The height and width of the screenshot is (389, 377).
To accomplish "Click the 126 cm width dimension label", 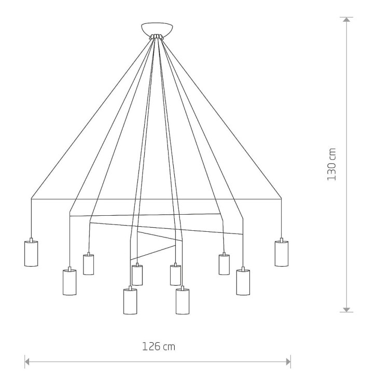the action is [159, 346].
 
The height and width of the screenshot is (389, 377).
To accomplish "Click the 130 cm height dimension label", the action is [331, 164].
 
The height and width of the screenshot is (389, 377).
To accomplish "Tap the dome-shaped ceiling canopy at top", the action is [157, 29].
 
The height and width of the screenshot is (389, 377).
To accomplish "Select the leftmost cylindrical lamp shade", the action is [31, 253].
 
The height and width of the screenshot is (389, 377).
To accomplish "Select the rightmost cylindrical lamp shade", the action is [282, 253].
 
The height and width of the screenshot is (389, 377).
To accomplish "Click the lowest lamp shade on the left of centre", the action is [130, 301].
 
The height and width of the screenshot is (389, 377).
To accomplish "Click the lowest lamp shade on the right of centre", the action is [183, 301].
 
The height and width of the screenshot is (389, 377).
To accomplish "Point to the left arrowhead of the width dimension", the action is [27, 362].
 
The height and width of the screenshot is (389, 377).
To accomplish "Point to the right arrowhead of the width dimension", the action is [288, 362].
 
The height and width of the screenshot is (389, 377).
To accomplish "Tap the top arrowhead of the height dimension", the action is [346, 19].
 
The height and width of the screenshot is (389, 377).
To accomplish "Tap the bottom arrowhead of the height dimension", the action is [346, 310].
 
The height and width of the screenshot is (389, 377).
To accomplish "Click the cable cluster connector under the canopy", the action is [157, 37].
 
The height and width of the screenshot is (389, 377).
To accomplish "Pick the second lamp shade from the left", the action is [69, 282].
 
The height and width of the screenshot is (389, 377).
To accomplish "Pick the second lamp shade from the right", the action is [243, 282].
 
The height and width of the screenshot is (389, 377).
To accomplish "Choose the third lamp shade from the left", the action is [89, 265].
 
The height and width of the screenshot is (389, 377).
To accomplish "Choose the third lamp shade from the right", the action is [224, 265].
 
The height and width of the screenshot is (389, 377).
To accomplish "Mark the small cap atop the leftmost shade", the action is [31, 240].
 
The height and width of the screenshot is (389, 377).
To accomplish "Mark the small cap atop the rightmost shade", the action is [282, 240].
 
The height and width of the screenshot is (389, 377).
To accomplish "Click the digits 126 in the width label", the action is [151, 346].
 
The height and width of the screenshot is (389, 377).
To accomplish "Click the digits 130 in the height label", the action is [331, 171].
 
